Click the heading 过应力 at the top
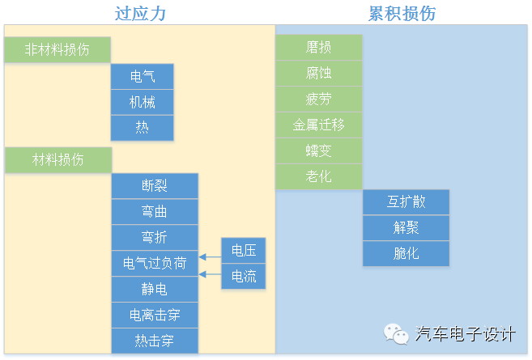point(143,13)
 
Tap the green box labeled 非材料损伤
point(57,49)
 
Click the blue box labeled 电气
point(143,76)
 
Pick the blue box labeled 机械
point(143,102)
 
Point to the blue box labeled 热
point(143,128)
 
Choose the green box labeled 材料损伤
point(57,159)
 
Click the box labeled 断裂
point(154,186)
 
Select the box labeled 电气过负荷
point(154,263)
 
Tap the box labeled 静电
point(154,289)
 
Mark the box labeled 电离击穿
point(154,315)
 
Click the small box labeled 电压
point(244,250)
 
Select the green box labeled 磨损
point(318,47)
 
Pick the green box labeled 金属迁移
point(318,125)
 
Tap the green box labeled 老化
point(318,176)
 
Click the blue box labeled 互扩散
point(406,202)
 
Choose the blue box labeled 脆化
point(406,253)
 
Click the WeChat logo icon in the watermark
point(397,333)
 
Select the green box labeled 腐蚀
point(318,73)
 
